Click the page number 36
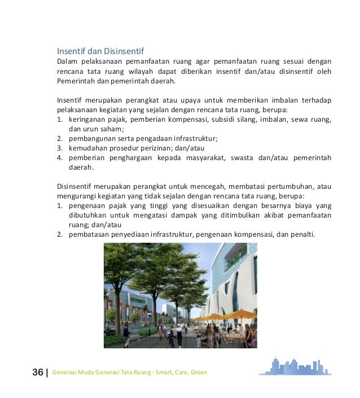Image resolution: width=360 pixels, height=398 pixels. (x=38, y=373)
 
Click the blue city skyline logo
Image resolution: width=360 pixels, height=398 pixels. (x=295, y=366)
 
